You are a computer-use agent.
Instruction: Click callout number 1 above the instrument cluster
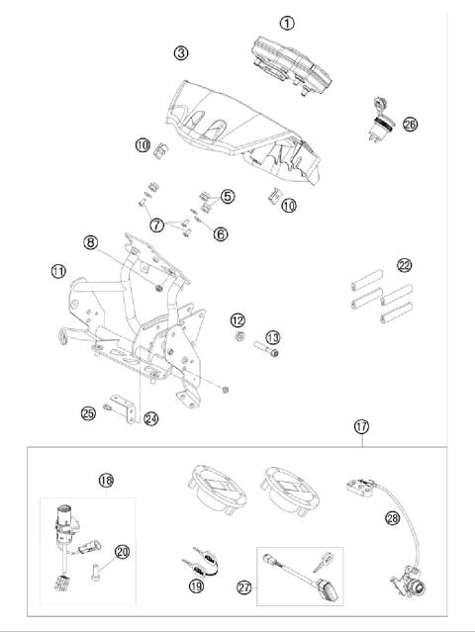tap(287, 22)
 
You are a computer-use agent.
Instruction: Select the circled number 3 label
tap(180, 51)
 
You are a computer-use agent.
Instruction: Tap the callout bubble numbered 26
tap(409, 125)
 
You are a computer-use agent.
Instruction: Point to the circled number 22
tap(404, 265)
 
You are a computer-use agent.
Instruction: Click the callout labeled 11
tap(58, 270)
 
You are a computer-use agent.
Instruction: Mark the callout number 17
tap(363, 426)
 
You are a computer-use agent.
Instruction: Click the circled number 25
tap(88, 411)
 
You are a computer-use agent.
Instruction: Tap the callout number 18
tap(107, 481)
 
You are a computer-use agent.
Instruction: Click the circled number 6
tap(221, 233)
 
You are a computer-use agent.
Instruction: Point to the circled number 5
tap(227, 197)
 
